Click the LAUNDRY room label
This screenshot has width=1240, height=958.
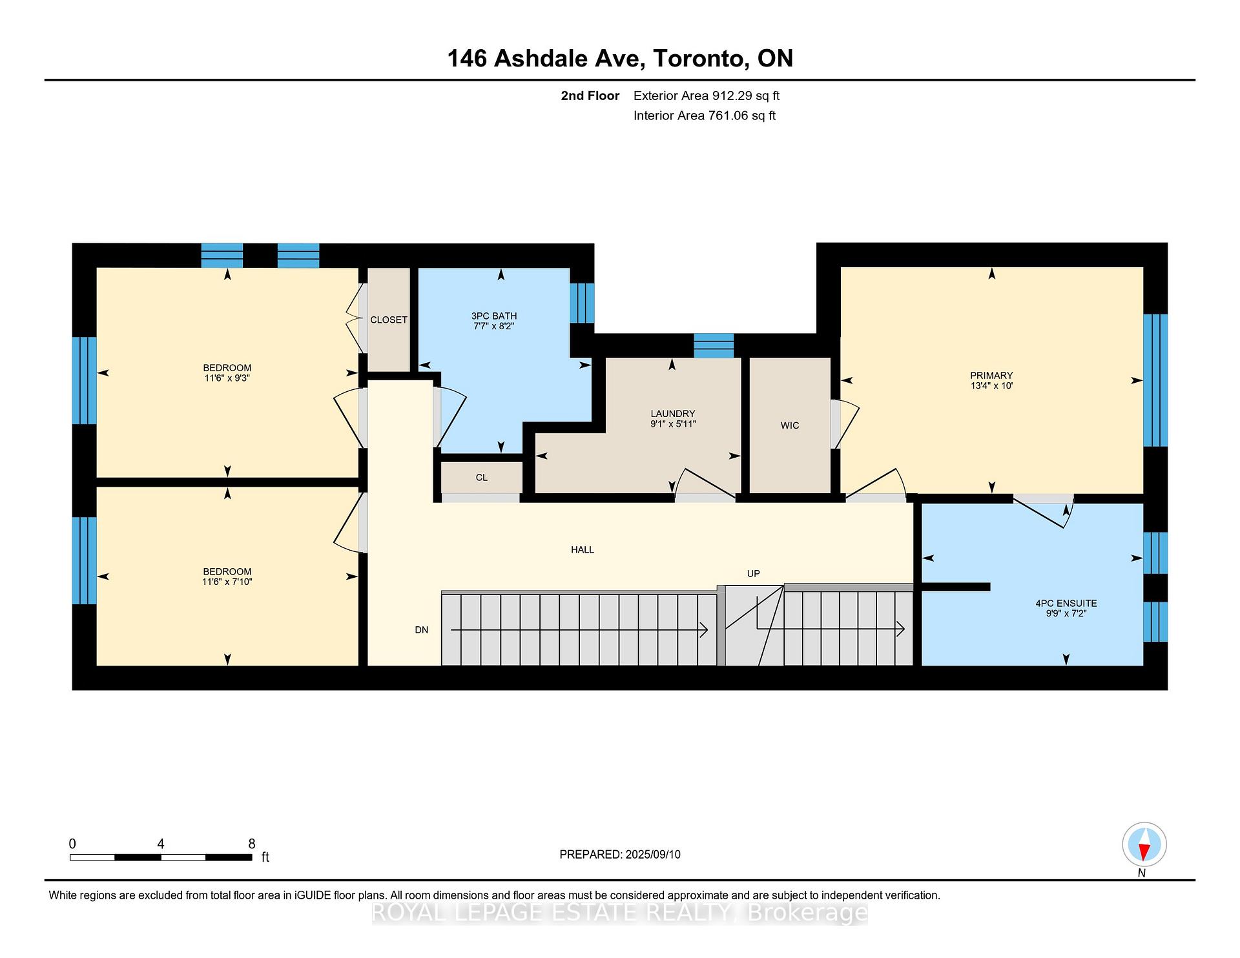(672, 414)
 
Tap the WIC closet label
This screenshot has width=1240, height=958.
(789, 425)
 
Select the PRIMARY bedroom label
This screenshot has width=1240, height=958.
(991, 376)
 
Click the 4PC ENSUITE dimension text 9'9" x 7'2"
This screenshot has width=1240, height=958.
(1066, 613)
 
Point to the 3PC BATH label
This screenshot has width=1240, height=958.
(493, 316)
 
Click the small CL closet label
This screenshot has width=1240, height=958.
(481, 478)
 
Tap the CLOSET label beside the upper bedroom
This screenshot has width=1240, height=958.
(388, 320)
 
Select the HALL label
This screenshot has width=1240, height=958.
(582, 550)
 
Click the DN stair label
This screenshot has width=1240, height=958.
(421, 630)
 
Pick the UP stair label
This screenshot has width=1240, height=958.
(753, 574)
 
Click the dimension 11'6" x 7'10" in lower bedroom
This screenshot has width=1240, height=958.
(227, 582)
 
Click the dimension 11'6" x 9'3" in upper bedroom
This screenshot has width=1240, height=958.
(227, 378)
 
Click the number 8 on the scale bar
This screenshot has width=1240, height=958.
(251, 844)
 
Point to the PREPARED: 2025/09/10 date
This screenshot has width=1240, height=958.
(619, 855)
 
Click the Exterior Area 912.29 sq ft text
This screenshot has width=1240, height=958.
(706, 96)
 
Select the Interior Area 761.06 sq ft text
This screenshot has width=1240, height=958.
(704, 116)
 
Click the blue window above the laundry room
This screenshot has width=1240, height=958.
(713, 345)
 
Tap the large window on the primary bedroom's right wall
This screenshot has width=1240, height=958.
(1155, 381)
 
